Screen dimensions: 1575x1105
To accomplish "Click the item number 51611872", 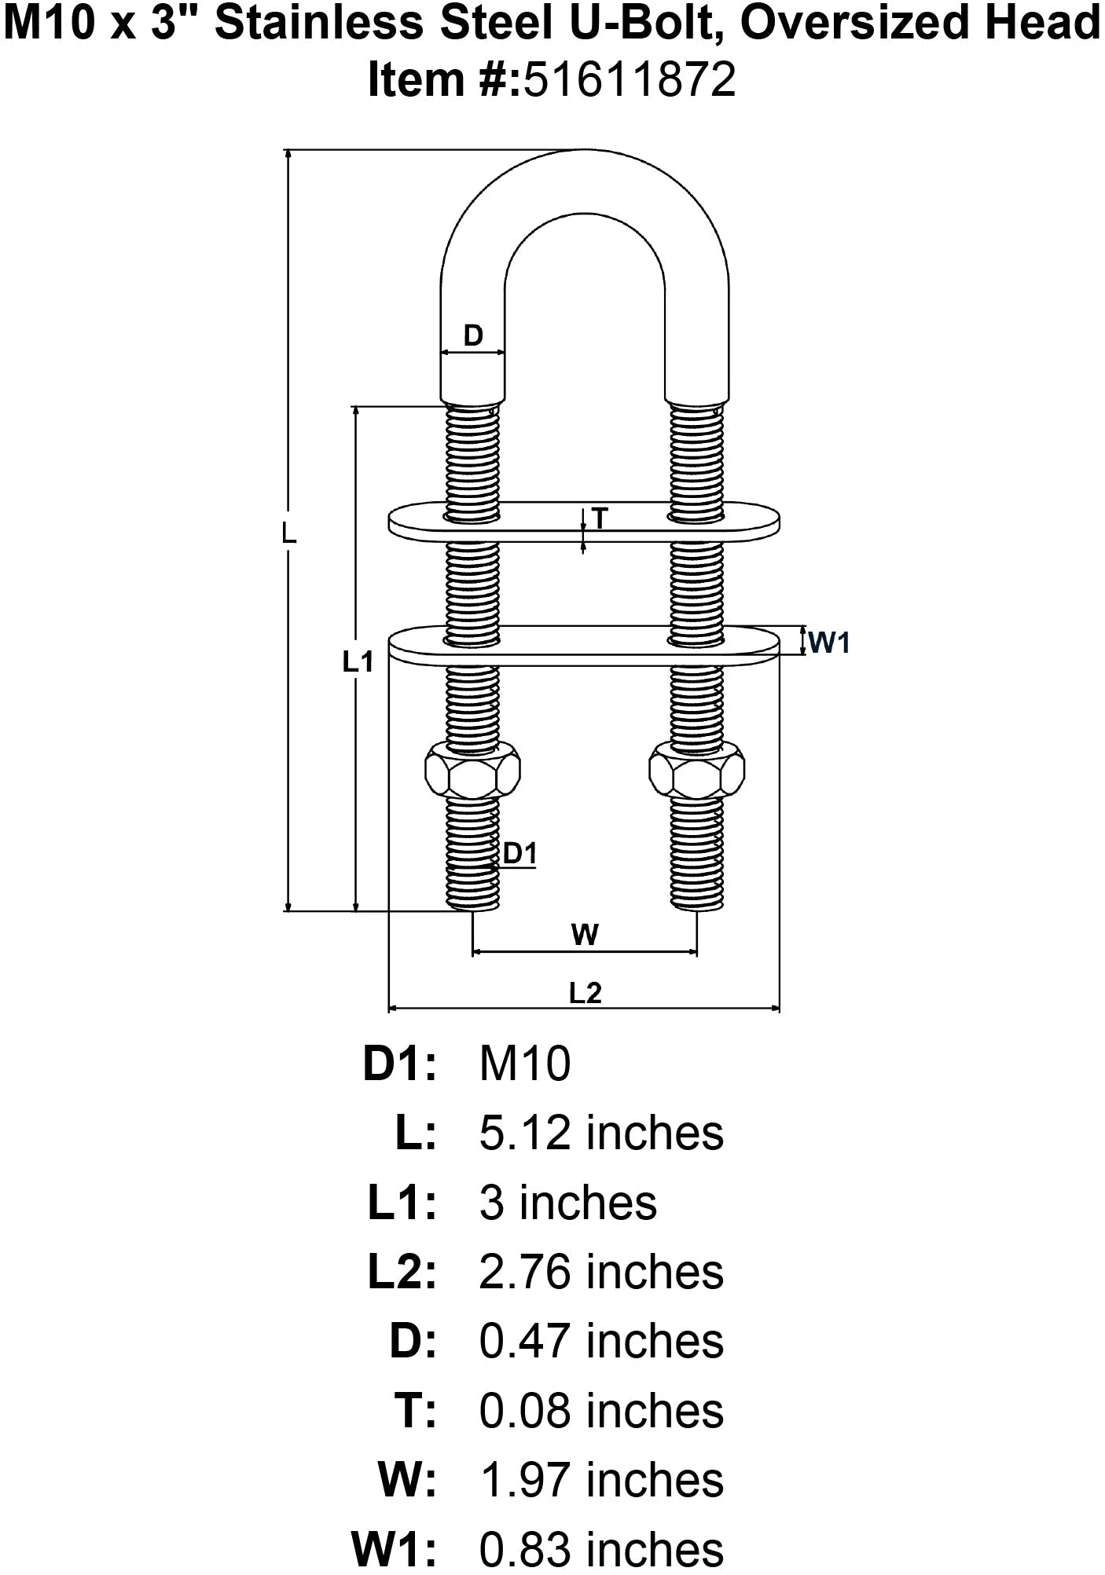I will coord(630,80).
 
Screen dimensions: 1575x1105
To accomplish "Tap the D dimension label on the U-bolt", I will coord(472,336).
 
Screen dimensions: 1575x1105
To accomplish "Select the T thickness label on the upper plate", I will coord(600,518).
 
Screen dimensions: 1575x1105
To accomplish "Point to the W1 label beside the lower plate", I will coord(829,643).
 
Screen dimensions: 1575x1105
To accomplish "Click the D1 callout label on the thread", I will coord(519,853).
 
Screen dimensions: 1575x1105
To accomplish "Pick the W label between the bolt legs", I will coord(585,935).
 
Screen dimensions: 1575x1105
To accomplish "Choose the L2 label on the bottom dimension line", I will coord(585,994).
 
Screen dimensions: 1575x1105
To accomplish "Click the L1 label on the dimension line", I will coord(358,662).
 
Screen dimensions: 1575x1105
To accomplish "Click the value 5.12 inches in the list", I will coord(601,1134).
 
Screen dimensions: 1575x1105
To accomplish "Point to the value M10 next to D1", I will coord(525,1064).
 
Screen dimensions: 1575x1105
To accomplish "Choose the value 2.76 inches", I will coord(601,1272).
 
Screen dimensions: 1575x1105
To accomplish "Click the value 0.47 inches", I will coord(601,1341).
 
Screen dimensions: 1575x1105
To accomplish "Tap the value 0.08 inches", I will coord(601,1410).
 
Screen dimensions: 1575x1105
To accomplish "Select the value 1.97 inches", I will coord(601,1479).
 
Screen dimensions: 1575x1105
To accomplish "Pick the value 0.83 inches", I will coord(601,1548).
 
